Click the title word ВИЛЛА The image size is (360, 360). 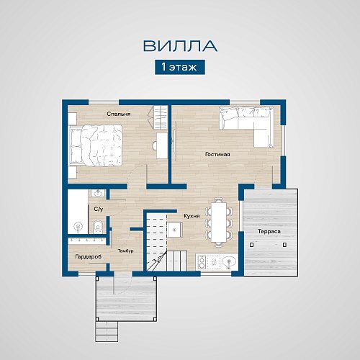coord(180,46)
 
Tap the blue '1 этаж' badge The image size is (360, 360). coord(180,67)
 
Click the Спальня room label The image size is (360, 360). coord(119,114)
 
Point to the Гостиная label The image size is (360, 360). coord(217,154)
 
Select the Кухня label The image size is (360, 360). coord(192,216)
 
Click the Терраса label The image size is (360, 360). coord(269,231)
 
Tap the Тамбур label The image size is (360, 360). coord(125,251)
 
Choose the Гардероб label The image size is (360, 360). coord(89,257)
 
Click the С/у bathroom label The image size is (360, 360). coord(99,209)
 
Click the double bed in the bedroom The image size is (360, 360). coord(96,145)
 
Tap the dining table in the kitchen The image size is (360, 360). coord(219,222)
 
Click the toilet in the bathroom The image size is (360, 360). coord(98,226)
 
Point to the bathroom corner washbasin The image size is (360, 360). coord(98,194)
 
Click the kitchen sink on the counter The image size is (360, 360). coord(228,262)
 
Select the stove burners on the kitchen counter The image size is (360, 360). coord(201,262)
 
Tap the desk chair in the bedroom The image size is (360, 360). coord(155,145)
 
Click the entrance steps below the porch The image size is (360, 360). coord(107,331)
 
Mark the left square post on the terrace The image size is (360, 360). coord(251,245)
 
